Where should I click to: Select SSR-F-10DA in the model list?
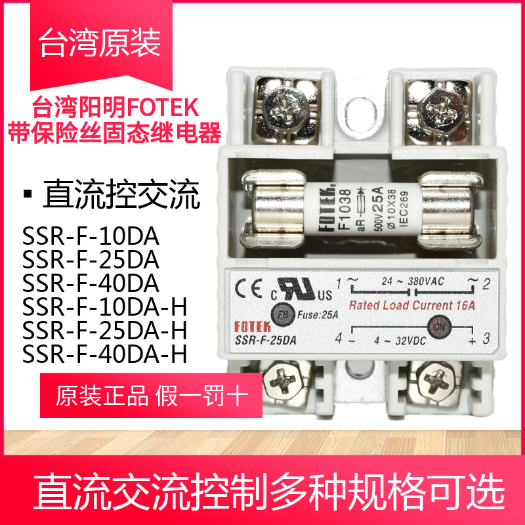91,234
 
